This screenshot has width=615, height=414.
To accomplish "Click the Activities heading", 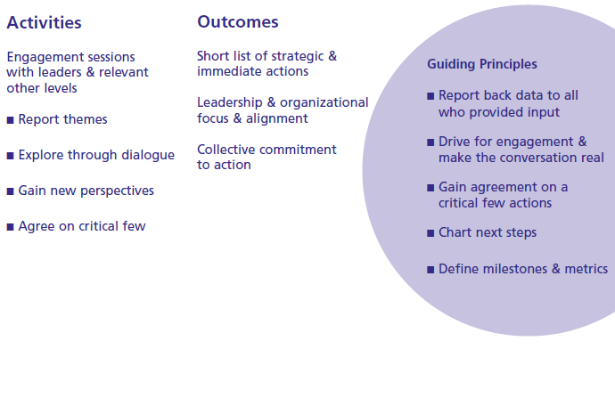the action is click(x=44, y=23).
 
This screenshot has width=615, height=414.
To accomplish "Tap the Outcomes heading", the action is click(x=238, y=22).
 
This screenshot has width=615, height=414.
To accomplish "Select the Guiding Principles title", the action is click(x=482, y=64).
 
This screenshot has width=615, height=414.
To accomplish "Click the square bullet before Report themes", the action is click(x=10, y=120).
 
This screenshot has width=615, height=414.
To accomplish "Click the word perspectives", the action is click(x=118, y=191).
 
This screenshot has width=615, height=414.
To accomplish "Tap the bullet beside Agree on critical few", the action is click(x=10, y=227).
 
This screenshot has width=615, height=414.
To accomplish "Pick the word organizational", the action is click(x=324, y=102).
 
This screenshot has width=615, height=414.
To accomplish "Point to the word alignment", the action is click(x=277, y=118).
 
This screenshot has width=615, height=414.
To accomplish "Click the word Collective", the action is click(x=226, y=150).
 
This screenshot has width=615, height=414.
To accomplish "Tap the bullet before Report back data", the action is click(x=430, y=96).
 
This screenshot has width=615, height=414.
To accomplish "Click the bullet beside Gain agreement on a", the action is click(x=430, y=188).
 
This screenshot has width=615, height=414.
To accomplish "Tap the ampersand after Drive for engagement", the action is click(x=582, y=142).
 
